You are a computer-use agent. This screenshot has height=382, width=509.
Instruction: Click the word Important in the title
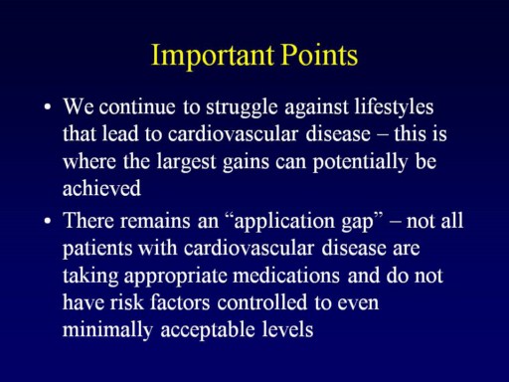pos(213,56)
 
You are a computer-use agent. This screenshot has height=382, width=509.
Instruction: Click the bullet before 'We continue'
pos(48,107)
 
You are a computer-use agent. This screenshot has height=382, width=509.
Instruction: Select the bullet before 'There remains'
pos(48,221)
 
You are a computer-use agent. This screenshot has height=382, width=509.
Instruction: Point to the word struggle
pos(242,108)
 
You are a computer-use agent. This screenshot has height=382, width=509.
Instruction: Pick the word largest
pos(186,163)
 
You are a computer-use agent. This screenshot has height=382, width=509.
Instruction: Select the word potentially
pos(360,163)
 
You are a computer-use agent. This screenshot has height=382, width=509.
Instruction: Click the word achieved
pos(101,188)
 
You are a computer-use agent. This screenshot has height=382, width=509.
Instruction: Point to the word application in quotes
pos(284,222)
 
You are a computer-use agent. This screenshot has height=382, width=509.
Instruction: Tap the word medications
pos(286,276)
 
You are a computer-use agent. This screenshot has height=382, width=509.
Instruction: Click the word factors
pos(180,303)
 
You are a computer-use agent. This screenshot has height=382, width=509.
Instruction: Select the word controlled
pos(262,302)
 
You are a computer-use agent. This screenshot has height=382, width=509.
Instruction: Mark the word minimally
pos(107,330)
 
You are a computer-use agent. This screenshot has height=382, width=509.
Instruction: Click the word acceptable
pos(208,331)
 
